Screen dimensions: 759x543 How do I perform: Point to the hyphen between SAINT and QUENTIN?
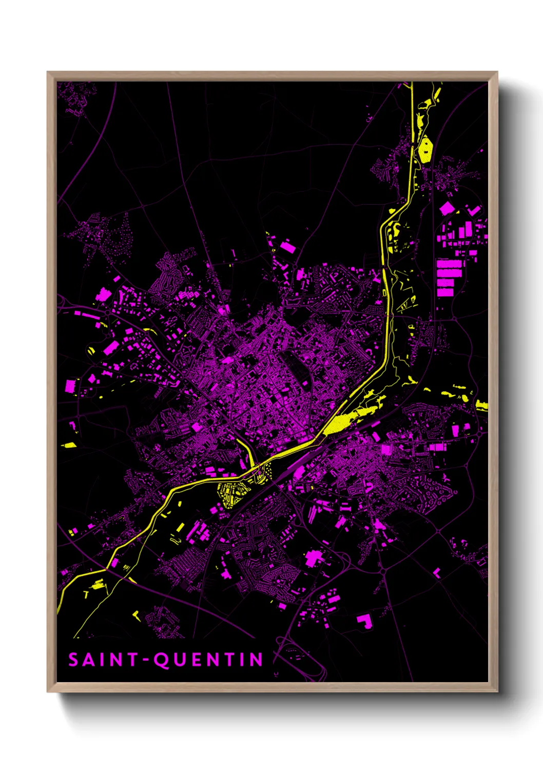pyautogui.click(x=147, y=660)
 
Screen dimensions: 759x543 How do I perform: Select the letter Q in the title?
pyautogui.click(x=162, y=660)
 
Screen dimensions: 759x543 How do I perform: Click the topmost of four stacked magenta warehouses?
pyautogui.click(x=450, y=264)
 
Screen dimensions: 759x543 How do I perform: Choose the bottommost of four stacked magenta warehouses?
pyautogui.click(x=445, y=292)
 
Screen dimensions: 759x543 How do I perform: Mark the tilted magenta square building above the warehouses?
pyautogui.click(x=447, y=208)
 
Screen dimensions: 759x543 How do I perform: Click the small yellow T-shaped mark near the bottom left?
pyautogui.click(x=86, y=594)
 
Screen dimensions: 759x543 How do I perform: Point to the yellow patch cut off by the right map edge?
pyautogui.click(x=481, y=405)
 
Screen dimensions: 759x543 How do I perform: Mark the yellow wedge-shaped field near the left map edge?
pyautogui.click(x=69, y=445)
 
